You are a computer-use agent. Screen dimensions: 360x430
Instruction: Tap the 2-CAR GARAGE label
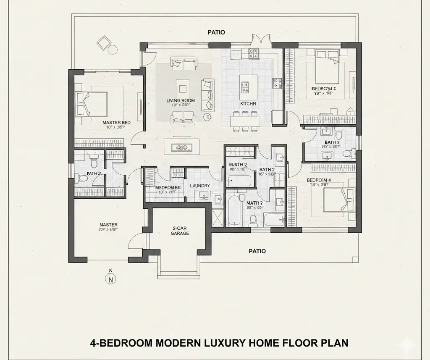pos(181,231)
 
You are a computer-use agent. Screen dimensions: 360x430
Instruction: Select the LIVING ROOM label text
pos(181,100)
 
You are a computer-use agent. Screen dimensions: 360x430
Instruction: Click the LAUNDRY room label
pos(199,186)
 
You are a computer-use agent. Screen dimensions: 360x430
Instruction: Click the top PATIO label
pos(217,32)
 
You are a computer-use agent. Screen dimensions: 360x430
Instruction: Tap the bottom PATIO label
pos(257,251)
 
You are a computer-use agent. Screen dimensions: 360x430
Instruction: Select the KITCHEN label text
pos(248,103)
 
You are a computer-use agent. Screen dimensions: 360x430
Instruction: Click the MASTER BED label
pos(116,123)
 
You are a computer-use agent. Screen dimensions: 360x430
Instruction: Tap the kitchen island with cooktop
pos(248,84)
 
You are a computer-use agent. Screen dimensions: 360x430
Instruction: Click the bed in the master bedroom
pos(91,102)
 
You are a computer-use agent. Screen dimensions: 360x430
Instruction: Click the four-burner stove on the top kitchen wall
pos(254,53)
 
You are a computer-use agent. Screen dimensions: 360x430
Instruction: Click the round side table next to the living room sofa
pos(207,116)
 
